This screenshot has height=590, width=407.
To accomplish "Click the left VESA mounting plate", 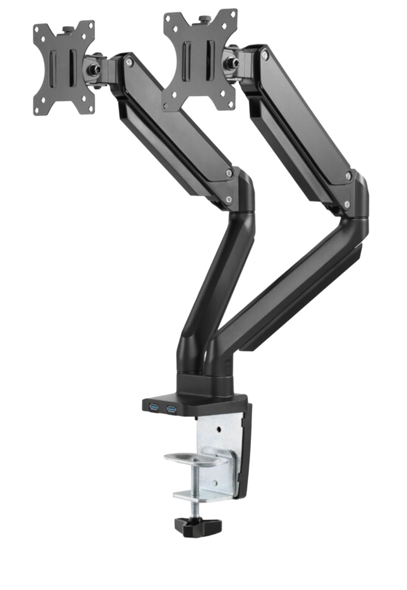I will pos(64,68).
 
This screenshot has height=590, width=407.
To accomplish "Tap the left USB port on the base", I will pos(153,408).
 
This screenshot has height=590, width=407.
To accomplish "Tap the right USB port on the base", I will pos(172,409).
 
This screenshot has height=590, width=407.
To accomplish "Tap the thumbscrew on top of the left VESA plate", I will pos(69,30).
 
